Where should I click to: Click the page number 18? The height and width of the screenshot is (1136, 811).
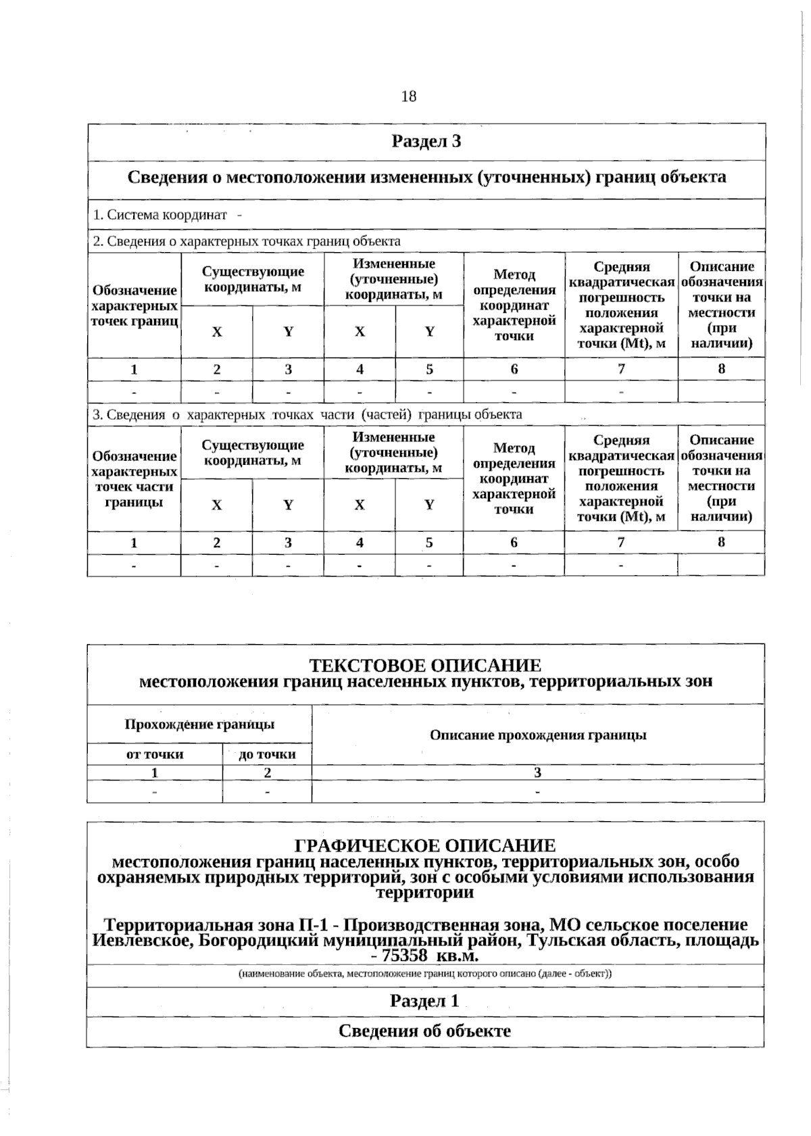(409, 97)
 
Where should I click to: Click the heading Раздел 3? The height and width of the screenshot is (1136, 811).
(426, 142)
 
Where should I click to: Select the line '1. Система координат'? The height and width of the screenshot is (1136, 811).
(159, 215)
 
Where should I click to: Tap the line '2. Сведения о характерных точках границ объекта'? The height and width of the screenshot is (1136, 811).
(246, 241)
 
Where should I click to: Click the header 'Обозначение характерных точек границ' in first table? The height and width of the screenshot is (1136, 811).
(134, 305)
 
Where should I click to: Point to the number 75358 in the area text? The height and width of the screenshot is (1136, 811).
(404, 956)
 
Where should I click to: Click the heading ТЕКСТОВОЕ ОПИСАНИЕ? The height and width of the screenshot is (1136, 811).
(425, 666)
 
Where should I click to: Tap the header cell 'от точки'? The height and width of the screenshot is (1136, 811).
(155, 754)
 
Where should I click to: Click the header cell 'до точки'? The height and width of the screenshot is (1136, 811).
(268, 754)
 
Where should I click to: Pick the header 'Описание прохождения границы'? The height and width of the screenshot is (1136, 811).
(538, 735)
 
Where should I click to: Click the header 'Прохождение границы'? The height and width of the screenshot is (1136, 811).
(199, 724)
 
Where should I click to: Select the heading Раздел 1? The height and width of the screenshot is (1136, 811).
(424, 1001)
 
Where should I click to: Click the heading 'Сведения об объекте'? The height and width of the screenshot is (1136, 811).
(424, 1031)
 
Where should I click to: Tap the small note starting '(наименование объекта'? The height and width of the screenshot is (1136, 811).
(424, 974)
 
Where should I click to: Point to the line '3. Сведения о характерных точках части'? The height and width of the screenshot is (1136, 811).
(307, 414)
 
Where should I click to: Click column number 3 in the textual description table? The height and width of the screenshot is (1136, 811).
(538, 772)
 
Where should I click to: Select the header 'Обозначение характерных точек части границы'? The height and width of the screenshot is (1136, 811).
(134, 479)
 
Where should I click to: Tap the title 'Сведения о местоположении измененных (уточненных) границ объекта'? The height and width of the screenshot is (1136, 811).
(426, 178)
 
